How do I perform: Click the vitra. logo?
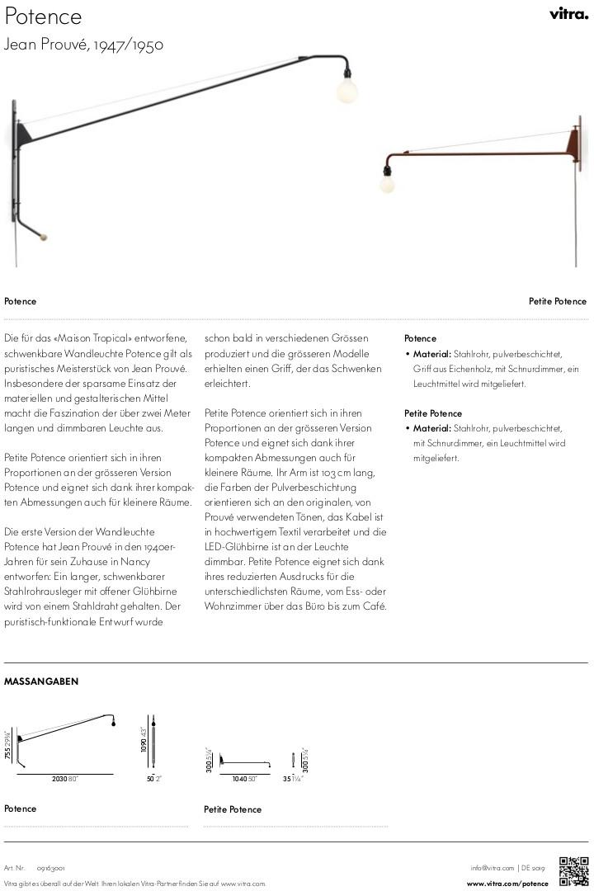568,13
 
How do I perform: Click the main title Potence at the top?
44,16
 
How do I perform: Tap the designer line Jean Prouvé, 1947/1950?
83,45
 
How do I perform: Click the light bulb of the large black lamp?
346,91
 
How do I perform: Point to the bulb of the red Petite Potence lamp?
387,183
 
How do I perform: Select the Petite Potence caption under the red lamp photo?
557,301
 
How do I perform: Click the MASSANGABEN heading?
41,681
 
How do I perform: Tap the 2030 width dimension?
59,779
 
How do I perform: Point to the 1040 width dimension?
240,779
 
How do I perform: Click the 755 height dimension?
7,749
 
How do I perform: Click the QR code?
573,871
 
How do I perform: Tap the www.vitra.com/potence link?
507,884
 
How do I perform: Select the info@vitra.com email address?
492,867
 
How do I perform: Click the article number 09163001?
51,868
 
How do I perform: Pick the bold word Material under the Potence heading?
432,354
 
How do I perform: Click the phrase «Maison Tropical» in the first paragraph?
95,338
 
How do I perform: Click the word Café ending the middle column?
373,606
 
